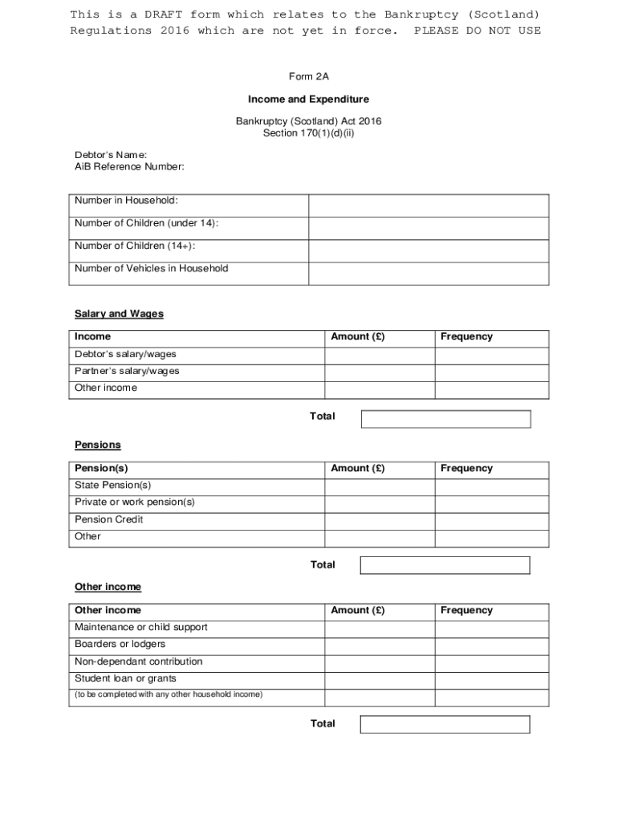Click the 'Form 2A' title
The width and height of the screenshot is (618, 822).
click(x=309, y=76)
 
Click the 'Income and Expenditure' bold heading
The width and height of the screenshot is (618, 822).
click(x=308, y=100)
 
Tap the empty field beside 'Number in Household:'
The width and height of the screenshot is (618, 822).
click(x=429, y=205)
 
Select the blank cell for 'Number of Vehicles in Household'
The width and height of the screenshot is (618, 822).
click(x=429, y=274)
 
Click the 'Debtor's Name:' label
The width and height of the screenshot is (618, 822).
click(x=111, y=155)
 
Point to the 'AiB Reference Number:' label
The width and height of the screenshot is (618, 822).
click(x=129, y=167)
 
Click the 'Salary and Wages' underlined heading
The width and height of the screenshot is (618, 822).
click(x=119, y=314)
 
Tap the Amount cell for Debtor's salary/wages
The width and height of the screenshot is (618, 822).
click(x=380, y=355)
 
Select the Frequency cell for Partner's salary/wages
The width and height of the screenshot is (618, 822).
click(x=491, y=372)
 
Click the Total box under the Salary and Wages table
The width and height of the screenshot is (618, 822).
click(x=445, y=419)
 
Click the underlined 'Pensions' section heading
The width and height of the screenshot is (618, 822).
click(x=98, y=445)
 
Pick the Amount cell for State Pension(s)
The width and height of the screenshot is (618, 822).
click(x=380, y=486)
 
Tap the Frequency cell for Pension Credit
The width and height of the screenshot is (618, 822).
click(x=491, y=520)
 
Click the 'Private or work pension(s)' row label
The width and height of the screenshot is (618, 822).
click(x=135, y=503)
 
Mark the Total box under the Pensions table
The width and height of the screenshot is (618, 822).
click(x=445, y=565)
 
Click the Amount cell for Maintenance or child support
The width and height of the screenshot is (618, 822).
click(x=380, y=629)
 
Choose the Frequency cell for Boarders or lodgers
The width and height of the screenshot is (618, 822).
click(x=491, y=645)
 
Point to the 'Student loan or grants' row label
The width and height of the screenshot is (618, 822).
click(x=125, y=679)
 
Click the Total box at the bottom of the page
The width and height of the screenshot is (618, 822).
click(x=445, y=724)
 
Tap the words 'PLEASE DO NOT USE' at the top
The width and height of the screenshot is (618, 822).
click(x=477, y=31)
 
